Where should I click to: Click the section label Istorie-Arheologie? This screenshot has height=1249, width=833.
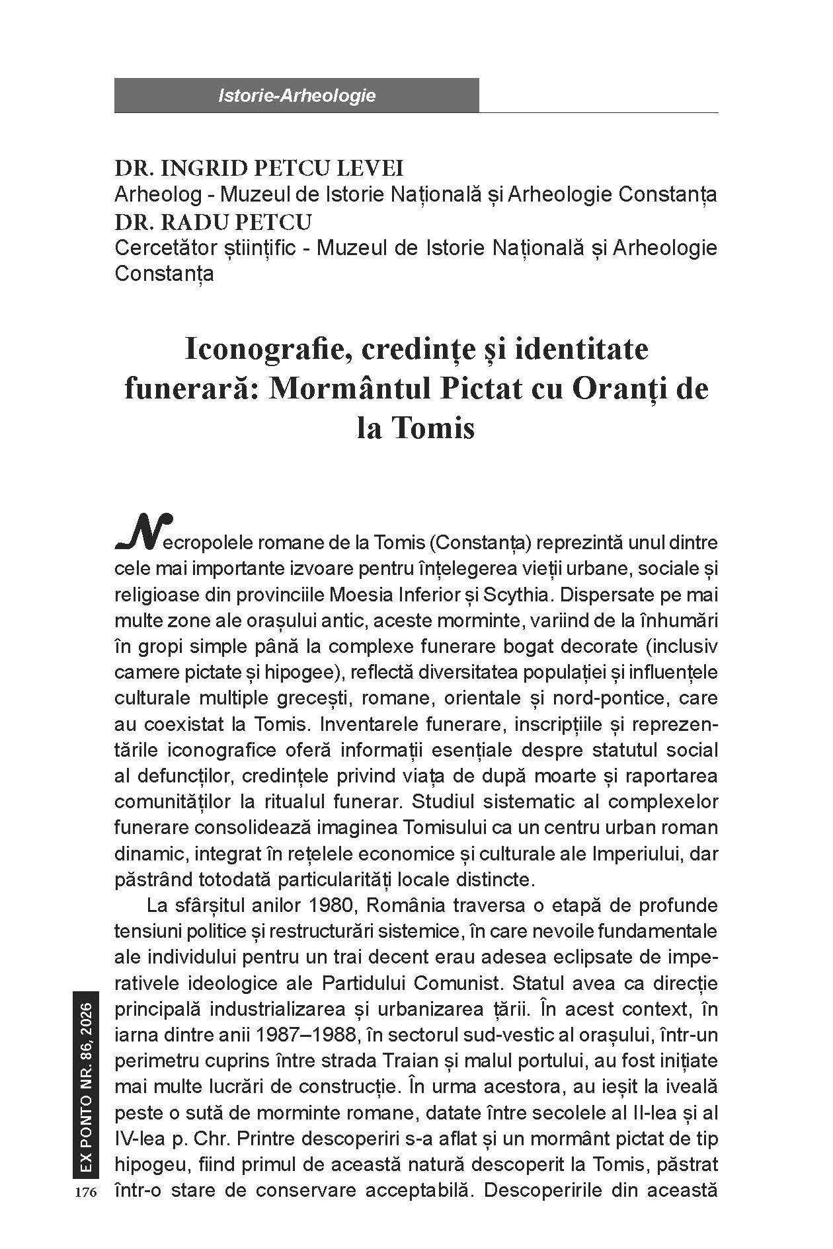point(296,96)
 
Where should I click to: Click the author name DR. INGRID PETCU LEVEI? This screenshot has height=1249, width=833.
point(259,169)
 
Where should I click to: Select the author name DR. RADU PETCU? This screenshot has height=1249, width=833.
point(213,221)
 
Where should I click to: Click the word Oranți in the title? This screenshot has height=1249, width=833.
point(619,389)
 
